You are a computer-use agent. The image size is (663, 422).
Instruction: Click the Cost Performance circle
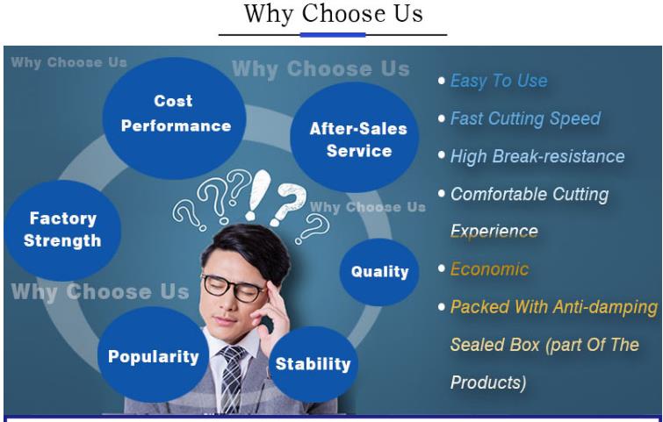point(174,118)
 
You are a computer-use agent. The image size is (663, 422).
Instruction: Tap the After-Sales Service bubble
point(355,137)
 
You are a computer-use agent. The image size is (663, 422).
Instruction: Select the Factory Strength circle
point(62,230)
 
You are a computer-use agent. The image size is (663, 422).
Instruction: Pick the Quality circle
point(379,272)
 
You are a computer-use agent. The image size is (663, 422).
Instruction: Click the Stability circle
point(313,364)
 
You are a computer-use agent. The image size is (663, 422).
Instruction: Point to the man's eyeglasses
point(234,287)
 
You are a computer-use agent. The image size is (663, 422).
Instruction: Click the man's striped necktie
point(232,378)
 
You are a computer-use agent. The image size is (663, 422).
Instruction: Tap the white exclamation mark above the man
point(257,195)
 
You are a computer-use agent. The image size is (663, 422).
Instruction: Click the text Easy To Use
point(499,80)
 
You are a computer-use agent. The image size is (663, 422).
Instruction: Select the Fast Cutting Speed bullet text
point(525,118)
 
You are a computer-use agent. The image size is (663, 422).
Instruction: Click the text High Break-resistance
point(537,156)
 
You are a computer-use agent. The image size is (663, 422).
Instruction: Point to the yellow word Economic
point(489,269)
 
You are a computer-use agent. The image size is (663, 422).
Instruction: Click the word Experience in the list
point(494,232)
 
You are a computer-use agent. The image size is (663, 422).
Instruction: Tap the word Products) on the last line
point(488,383)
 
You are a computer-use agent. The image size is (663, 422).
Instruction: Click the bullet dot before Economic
point(442,268)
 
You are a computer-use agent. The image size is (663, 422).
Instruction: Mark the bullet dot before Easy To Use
point(442,80)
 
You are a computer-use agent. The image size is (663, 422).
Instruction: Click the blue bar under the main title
point(333,34)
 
